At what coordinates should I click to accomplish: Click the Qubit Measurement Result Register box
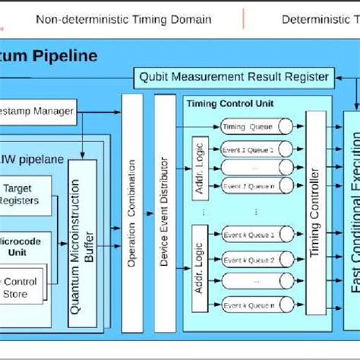tap(234, 76)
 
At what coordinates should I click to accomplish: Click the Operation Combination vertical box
tap(132, 205)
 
